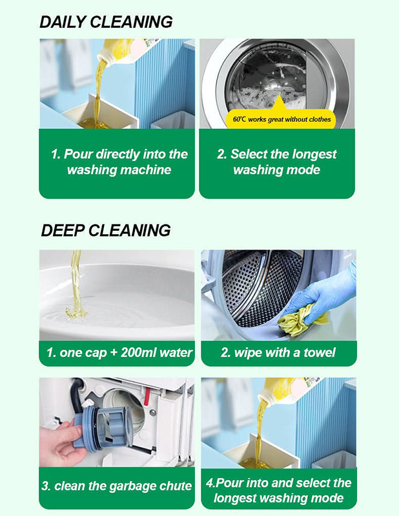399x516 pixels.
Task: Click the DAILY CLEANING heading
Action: click(106, 21)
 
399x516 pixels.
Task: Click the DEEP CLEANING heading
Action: click(105, 230)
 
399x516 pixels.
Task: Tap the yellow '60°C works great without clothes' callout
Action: click(281, 119)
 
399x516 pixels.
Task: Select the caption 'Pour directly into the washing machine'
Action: click(119, 162)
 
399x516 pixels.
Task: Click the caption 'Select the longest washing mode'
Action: click(277, 162)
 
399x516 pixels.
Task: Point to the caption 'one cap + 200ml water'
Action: click(119, 353)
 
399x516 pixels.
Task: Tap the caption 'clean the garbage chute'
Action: click(117, 486)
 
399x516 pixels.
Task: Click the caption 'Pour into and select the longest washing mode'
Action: click(278, 490)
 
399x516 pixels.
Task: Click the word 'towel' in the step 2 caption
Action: click(317, 353)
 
